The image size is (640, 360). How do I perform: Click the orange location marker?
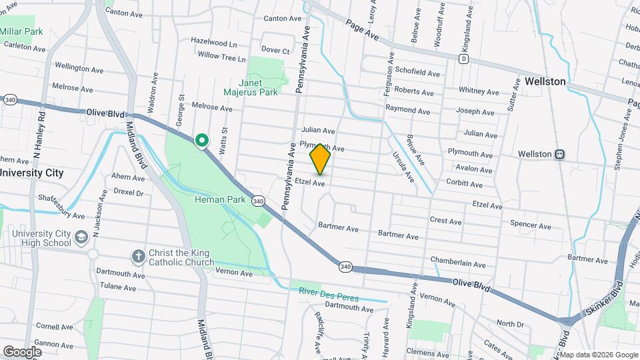click(x=321, y=159)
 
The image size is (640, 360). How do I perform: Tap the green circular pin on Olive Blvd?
click(x=201, y=140)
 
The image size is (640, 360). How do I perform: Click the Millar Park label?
click(x=21, y=31)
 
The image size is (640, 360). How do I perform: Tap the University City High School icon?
click(x=81, y=237)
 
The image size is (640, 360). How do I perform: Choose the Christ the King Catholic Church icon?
click(x=138, y=257)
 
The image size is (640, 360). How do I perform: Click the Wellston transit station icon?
click(x=560, y=154)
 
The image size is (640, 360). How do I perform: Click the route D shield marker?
click(x=463, y=59)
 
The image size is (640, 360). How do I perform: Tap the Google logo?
click(x=22, y=351)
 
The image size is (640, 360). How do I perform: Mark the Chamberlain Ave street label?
click(x=458, y=263)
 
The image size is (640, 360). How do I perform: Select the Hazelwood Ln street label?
click(x=214, y=41)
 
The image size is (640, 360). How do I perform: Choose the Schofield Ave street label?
click(x=417, y=72)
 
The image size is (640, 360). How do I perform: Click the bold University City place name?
click(x=31, y=173)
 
